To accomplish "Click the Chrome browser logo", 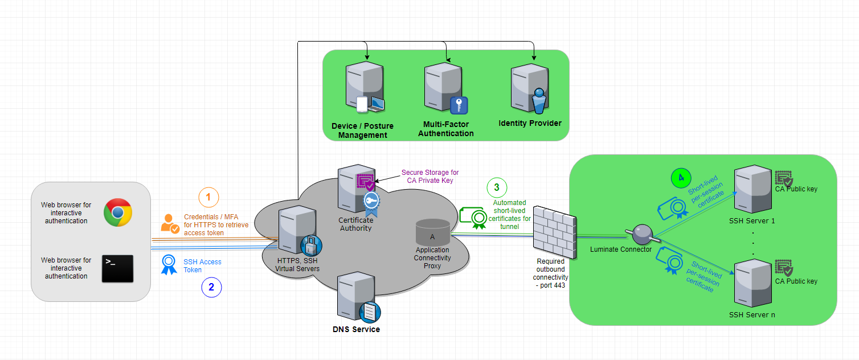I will coord(118,213).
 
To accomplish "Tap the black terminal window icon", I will coord(117,269).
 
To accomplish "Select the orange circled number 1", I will coord(208,198).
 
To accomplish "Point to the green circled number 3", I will coord(497,187).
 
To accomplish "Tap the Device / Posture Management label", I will coord(362,130).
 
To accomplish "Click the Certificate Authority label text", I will coord(355,224).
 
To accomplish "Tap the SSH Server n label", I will coord(752,314).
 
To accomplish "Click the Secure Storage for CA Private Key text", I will coord(429,177).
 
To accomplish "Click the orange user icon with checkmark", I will coord(170,223).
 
